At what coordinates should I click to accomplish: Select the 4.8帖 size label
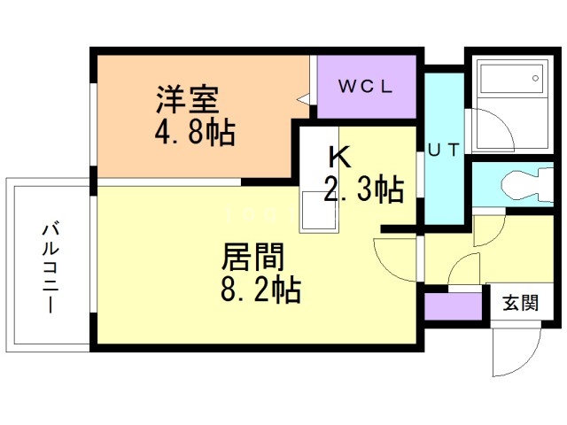(x=194, y=132)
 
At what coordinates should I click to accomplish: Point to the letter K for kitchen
(x=339, y=157)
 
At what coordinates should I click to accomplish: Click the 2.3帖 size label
(x=364, y=189)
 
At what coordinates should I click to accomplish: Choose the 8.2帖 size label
(x=260, y=290)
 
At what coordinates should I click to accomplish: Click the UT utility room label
(x=443, y=149)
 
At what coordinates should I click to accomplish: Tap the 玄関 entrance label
(x=521, y=303)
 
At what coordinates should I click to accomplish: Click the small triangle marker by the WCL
(x=304, y=100)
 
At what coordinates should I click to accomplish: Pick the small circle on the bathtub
(x=536, y=79)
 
